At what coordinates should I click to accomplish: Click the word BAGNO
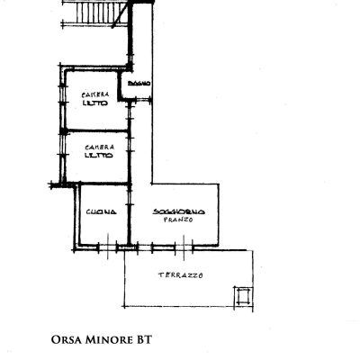pyautogui.click(x=139, y=84)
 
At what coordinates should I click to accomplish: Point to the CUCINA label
pyautogui.click(x=100, y=212)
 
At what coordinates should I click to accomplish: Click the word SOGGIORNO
pyautogui.click(x=179, y=211)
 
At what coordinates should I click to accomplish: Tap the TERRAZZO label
pyautogui.click(x=179, y=274)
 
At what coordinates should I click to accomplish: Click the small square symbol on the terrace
pyautogui.click(x=240, y=296)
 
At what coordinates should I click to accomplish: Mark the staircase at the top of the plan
pyautogui.click(x=95, y=13)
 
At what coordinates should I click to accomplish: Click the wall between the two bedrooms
pyautogui.click(x=94, y=130)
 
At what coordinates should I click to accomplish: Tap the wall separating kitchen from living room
pyautogui.click(x=128, y=216)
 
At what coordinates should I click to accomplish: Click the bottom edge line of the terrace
pyautogui.click(x=189, y=310)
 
